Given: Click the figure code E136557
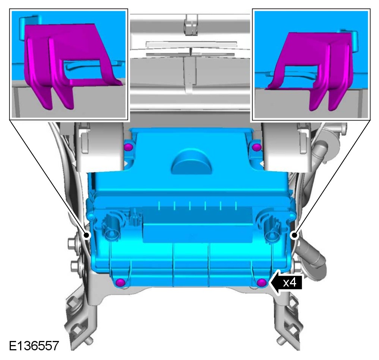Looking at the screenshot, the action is (x=34, y=346).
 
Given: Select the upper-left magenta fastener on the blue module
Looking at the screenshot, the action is (x=128, y=147).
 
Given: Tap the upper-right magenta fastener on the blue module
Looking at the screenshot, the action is (x=256, y=147).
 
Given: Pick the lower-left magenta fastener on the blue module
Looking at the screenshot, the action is (x=120, y=282).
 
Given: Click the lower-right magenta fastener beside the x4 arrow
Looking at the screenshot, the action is (x=261, y=282).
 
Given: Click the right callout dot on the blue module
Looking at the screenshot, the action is (x=294, y=235).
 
